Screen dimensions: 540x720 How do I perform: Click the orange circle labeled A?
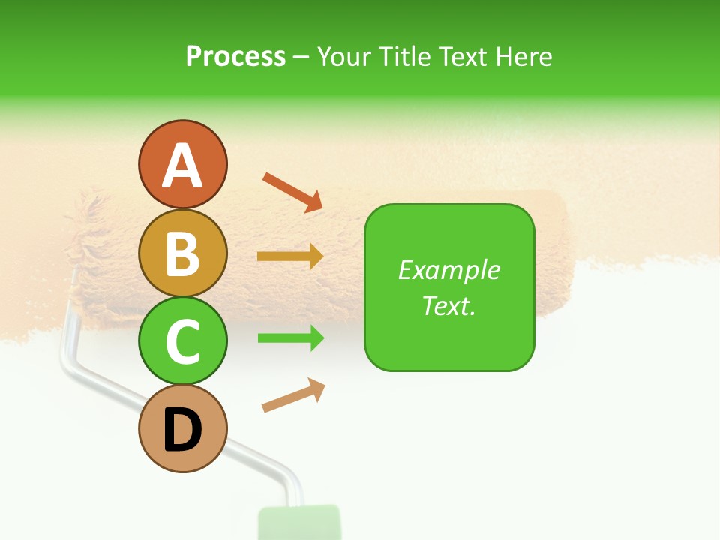(182, 165)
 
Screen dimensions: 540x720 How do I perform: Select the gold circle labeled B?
(182, 253)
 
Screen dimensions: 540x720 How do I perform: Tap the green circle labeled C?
(182, 340)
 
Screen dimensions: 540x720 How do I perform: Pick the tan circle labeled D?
(182, 429)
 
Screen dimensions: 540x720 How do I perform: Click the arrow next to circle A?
(292, 191)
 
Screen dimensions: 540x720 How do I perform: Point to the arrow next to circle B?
(290, 256)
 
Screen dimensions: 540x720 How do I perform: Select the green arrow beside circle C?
(290, 338)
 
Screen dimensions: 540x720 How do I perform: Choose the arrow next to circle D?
(293, 395)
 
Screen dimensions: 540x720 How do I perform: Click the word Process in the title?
(235, 56)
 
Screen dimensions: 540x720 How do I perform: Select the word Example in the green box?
(448, 270)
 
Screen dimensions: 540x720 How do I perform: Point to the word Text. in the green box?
(448, 305)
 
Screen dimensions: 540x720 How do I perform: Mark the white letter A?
(182, 166)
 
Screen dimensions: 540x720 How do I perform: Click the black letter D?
(182, 430)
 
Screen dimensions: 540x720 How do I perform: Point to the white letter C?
(182, 341)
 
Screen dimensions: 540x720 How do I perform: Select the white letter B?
(182, 254)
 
